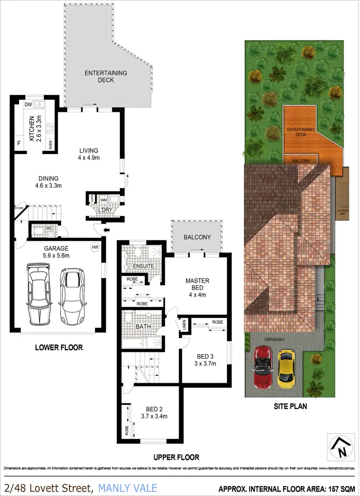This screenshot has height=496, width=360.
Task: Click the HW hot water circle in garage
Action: point(95,247)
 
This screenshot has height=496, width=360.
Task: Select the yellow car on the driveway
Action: point(286,368)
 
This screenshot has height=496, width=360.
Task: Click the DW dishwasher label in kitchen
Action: point(28,104)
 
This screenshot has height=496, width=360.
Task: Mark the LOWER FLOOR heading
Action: point(59,347)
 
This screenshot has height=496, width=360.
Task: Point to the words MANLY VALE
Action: point(128,488)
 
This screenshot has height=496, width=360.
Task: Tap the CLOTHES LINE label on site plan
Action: point(342,212)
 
